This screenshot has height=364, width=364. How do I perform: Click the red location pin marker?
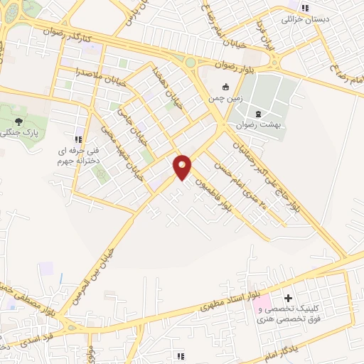[x=183, y=166]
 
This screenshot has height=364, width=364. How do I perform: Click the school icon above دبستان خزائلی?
[x=305, y=8]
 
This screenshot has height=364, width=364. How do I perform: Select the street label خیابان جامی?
[x=127, y=123]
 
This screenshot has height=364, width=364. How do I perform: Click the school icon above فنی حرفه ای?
[x=77, y=139]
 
